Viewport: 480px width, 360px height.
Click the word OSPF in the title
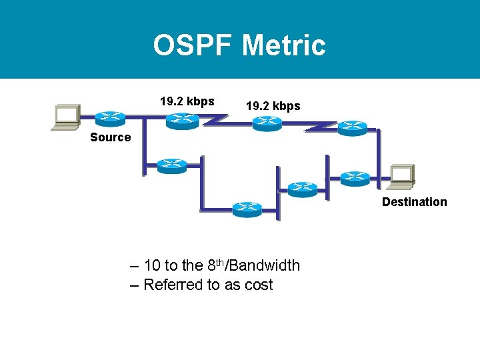pyautogui.click(x=193, y=45)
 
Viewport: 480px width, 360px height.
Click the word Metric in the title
pyautogui.click(x=284, y=45)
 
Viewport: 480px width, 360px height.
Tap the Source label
pyautogui.click(x=110, y=137)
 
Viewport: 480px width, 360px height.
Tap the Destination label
pyautogui.click(x=414, y=202)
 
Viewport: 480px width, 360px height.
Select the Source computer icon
pyautogui.click(x=66, y=116)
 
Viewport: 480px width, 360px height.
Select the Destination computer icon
pyautogui.click(x=402, y=175)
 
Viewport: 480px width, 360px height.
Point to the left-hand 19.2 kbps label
pyautogui.click(x=187, y=101)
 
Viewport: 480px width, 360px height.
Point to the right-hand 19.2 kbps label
pyautogui.click(x=273, y=106)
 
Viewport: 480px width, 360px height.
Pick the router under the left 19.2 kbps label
pyautogui.click(x=181, y=120)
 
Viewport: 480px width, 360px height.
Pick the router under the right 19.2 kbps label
pyautogui.click(x=267, y=123)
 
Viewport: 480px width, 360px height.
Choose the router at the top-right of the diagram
pyautogui.click(x=352, y=127)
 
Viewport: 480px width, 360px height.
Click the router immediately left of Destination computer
pyautogui.click(x=354, y=178)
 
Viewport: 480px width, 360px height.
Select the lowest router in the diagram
pyautogui.click(x=247, y=209)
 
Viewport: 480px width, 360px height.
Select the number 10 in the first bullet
pyautogui.click(x=151, y=266)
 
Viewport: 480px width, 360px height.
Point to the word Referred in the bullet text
pyautogui.click(x=173, y=285)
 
